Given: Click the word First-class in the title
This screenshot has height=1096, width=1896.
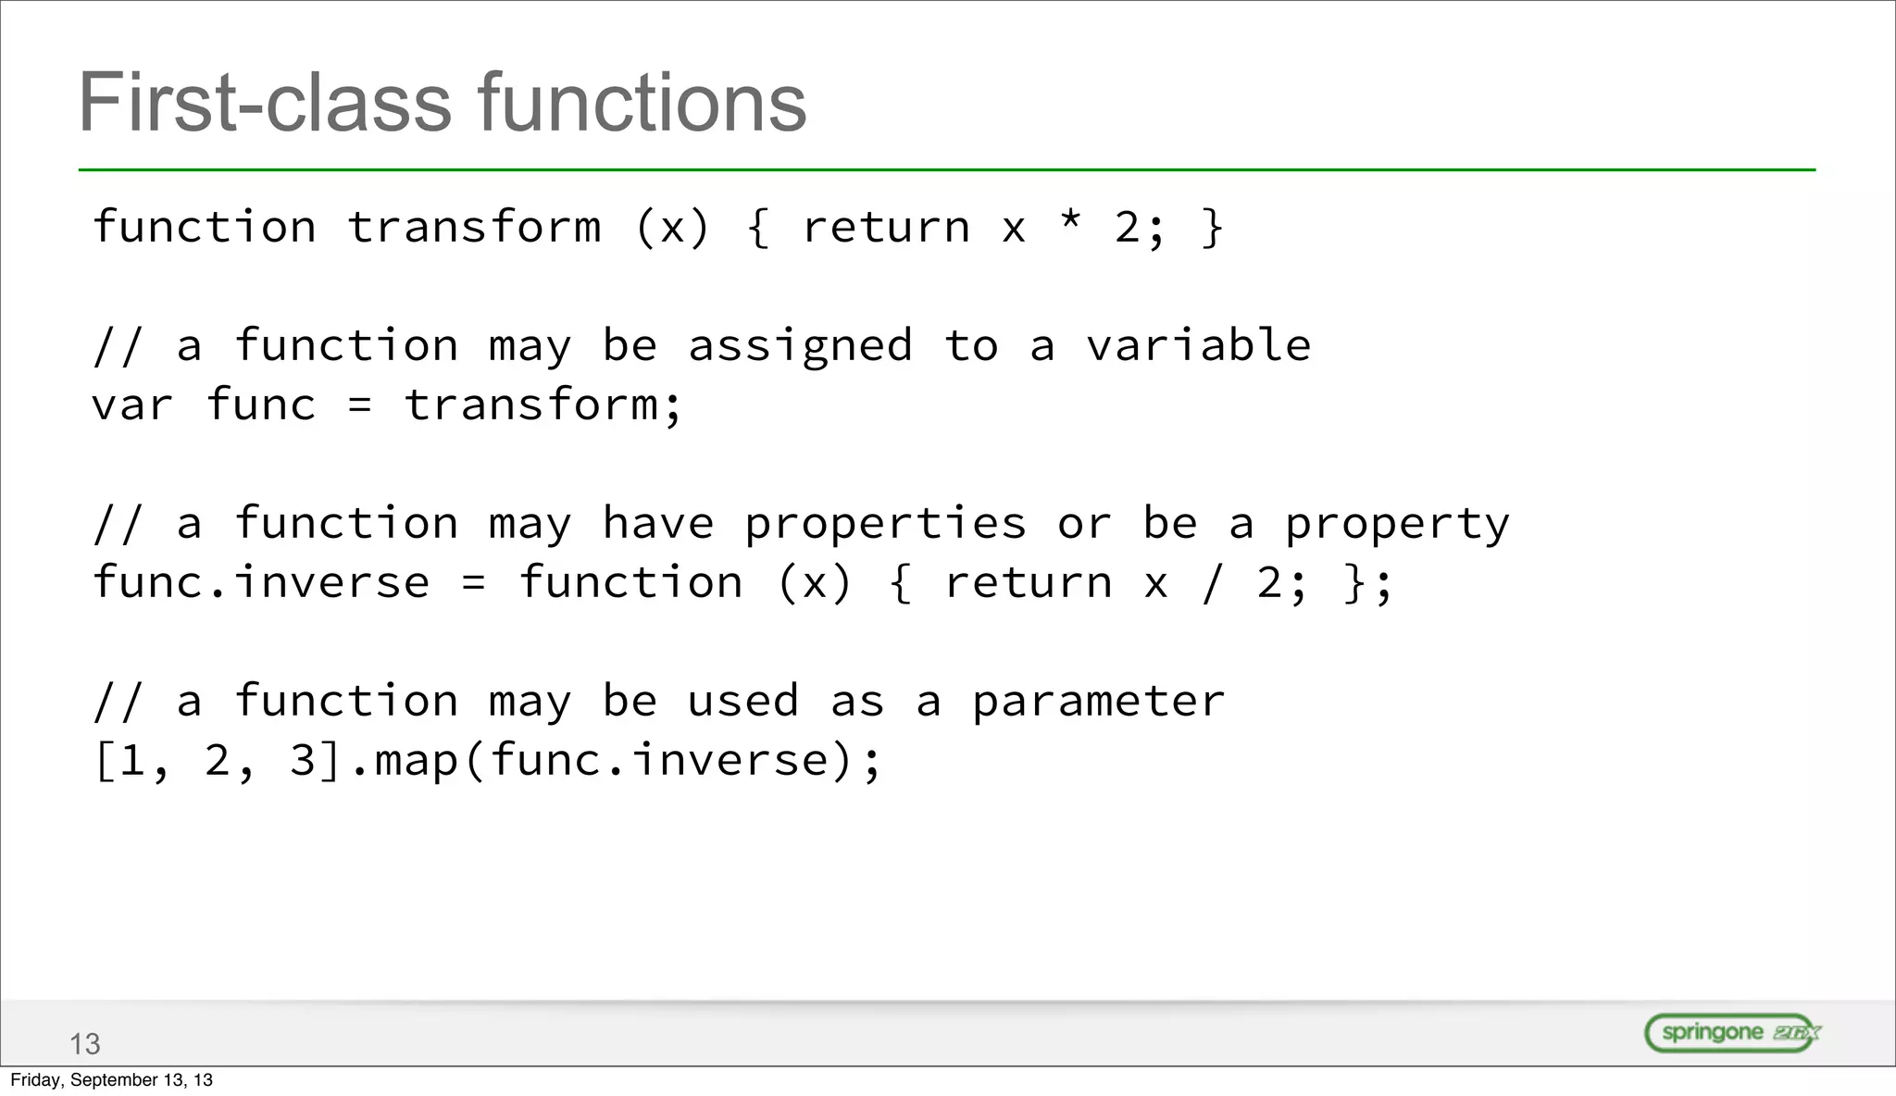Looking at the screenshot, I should point(265,103).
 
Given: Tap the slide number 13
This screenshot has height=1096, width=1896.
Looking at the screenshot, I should point(84,1044).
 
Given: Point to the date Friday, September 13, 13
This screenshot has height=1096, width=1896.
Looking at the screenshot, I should point(111,1080).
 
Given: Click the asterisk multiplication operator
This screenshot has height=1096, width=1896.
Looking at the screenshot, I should point(1071,222).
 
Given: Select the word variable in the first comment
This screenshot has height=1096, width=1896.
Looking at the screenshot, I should point(1199,346).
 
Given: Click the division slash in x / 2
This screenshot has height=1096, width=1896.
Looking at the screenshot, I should point(1212,583).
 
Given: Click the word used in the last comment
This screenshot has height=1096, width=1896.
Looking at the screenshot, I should point(742,701).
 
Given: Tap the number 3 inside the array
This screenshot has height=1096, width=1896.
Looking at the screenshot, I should point(303,761).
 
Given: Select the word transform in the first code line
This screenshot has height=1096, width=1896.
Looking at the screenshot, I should point(474,228).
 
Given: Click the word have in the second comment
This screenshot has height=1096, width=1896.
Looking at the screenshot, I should point(658,524).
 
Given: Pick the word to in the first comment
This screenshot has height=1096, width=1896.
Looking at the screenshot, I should point(971,346).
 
